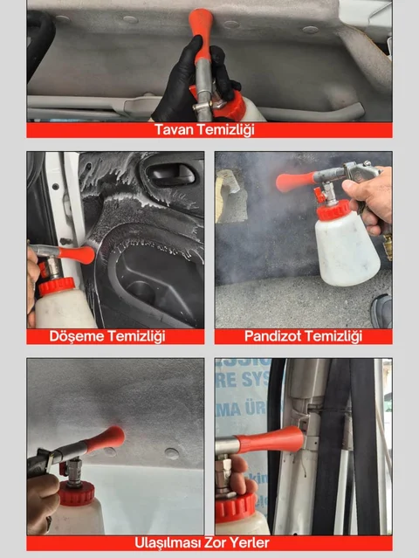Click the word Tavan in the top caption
click(x=175, y=130)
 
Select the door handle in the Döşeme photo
click(x=165, y=173)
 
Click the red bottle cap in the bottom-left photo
click(x=76, y=493)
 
